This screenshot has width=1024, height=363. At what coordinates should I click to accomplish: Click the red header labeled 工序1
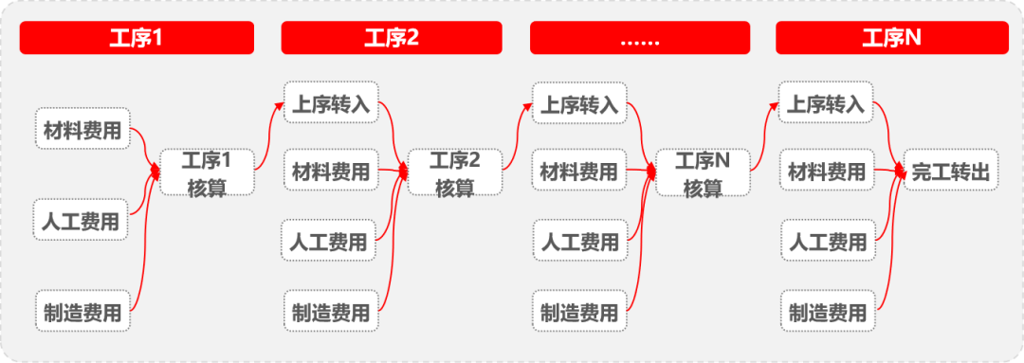137,38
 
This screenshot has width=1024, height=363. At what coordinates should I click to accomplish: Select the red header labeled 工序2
392,38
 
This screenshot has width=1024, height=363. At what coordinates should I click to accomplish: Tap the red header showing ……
639,38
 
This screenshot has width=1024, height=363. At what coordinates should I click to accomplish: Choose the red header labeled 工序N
890,38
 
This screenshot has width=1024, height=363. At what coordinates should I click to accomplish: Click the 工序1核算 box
207,172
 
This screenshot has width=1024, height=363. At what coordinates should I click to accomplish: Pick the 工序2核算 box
455,172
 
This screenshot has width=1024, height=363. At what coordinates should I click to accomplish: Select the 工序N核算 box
703,172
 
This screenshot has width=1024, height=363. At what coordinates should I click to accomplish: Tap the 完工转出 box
951,172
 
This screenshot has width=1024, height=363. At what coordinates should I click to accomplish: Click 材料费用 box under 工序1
82,131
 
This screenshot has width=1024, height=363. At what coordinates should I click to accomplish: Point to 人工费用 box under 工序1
82,221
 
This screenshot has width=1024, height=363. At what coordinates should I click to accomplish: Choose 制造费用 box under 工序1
82,312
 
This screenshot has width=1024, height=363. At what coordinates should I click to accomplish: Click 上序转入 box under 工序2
331,103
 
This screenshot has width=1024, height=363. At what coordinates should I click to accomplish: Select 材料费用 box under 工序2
331,172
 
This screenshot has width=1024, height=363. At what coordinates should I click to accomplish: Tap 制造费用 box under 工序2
331,312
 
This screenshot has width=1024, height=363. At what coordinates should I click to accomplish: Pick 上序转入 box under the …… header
579,103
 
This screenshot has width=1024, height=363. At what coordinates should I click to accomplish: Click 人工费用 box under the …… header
579,242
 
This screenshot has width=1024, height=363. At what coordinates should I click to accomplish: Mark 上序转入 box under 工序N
827,103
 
